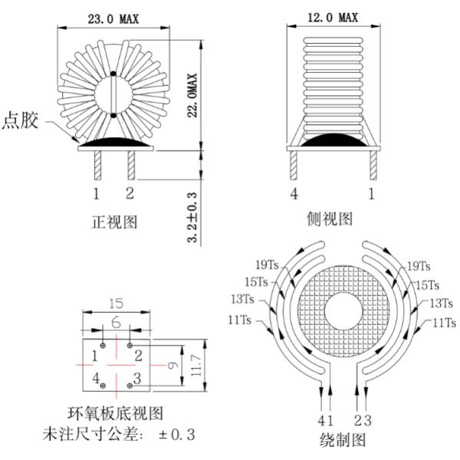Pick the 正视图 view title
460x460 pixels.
[x=114, y=222]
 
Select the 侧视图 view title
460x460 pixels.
[x=330, y=219]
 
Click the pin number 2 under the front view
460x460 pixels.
[x=130, y=192]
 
